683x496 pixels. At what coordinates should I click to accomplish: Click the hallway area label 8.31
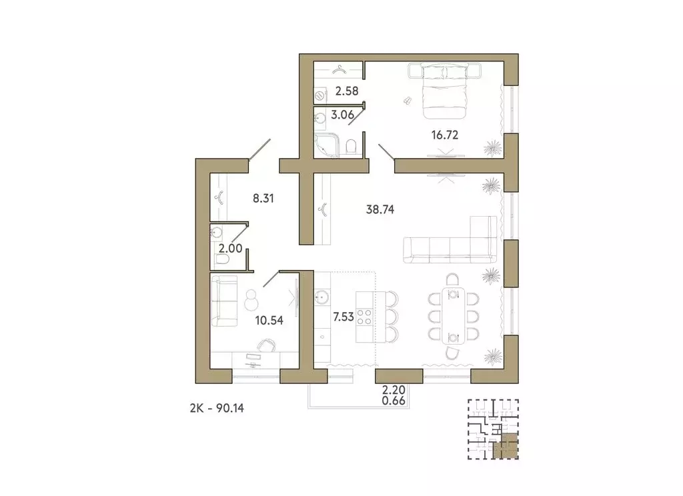point(265,197)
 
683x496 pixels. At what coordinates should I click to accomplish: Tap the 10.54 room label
point(269,320)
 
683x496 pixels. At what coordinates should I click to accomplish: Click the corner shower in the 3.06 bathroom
point(327,143)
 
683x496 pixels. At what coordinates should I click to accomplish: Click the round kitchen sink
point(324,297)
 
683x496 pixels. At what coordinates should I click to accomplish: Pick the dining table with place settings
point(453,315)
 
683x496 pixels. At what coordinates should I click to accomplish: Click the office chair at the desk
point(267,344)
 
